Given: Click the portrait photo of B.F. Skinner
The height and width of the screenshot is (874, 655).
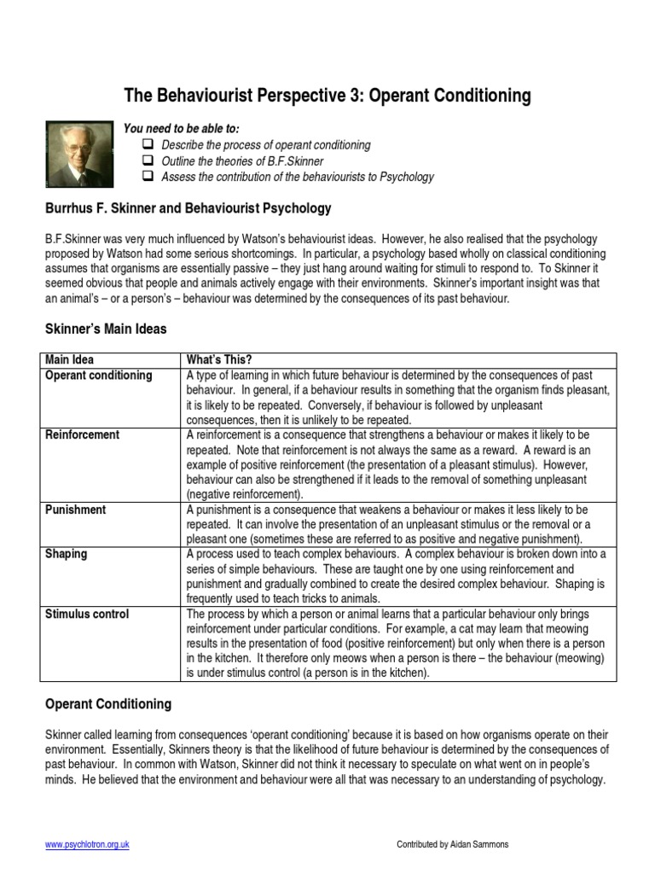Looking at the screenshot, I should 78,154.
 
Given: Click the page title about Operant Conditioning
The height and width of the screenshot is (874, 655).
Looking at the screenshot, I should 327,95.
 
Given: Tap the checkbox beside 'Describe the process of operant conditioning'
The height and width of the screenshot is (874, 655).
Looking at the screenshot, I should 148,145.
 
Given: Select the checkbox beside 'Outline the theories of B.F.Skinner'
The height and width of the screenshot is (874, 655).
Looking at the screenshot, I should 148,161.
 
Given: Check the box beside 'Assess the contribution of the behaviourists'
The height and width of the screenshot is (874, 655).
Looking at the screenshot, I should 148,178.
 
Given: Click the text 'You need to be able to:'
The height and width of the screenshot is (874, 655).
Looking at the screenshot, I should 182,128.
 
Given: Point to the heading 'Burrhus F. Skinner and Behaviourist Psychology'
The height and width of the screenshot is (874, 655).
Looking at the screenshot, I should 188,208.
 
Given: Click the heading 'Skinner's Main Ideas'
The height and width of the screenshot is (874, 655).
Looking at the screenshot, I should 106,329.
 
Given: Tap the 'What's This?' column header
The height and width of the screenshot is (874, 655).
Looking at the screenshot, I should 219,360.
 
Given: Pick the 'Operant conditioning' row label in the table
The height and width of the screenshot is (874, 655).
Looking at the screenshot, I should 98,376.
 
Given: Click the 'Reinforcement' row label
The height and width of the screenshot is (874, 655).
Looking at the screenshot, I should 82,435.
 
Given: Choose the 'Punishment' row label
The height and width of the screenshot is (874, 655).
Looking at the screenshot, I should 75,510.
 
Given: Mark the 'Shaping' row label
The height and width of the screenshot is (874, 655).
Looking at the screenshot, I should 66,554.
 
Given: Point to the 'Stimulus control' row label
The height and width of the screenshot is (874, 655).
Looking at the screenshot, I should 87,614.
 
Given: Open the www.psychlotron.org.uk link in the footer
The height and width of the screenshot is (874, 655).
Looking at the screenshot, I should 86,845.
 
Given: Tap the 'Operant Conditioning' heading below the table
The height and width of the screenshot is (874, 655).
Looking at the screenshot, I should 107,704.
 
